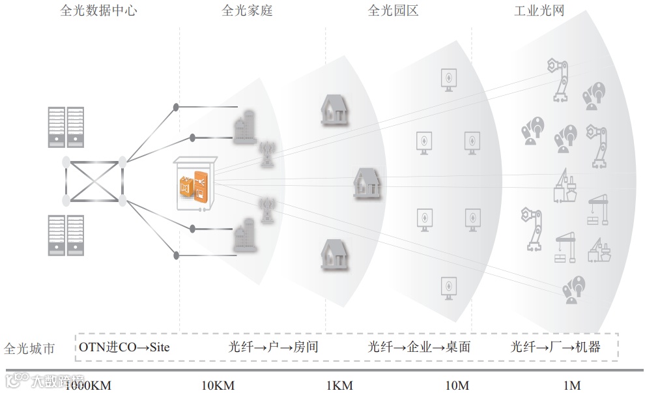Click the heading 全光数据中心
[x=98, y=10]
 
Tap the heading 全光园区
[x=393, y=10]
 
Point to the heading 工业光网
[x=539, y=10]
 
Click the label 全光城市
[x=29, y=348]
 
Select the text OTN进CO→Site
[x=124, y=347]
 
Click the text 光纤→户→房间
[x=274, y=347]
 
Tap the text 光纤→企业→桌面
[x=419, y=347]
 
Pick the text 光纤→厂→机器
[x=556, y=347]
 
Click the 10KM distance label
[x=218, y=386]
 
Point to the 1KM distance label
[x=339, y=386]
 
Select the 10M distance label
[x=457, y=386]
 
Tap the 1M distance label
[x=572, y=386]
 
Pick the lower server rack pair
[x=66, y=236]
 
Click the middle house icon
[x=367, y=182]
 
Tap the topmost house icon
[x=335, y=109]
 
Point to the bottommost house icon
[x=335, y=255]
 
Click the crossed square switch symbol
[x=94, y=179]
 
